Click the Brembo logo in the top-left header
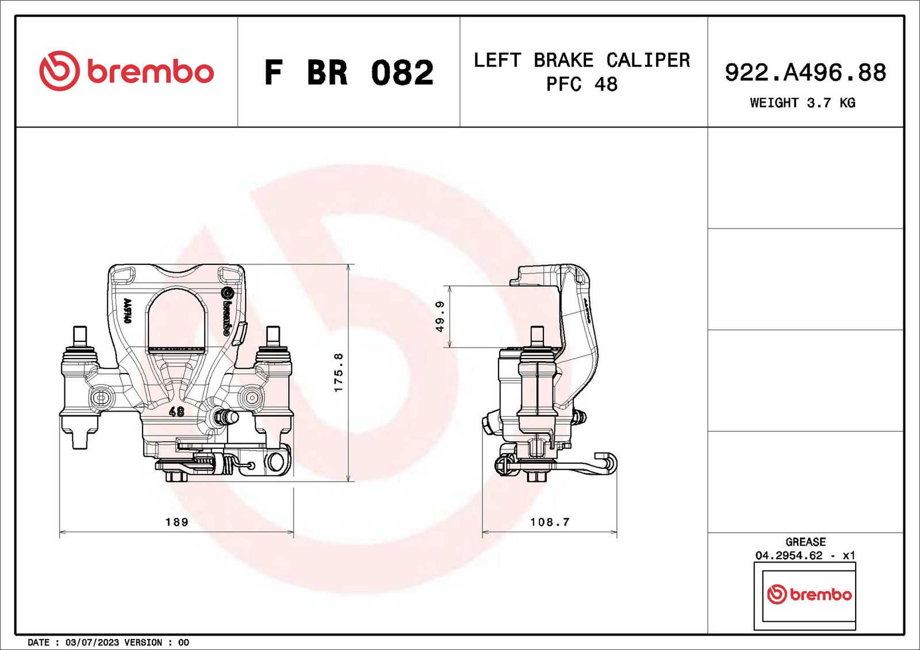click(126, 71)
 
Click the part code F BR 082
click(348, 72)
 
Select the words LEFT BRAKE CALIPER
click(582, 60)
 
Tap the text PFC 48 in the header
click(581, 84)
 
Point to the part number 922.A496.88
click(806, 72)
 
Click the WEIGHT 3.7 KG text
click(803, 102)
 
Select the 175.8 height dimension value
click(339, 372)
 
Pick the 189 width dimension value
click(177, 522)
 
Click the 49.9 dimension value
click(440, 317)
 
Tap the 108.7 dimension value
click(550, 522)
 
